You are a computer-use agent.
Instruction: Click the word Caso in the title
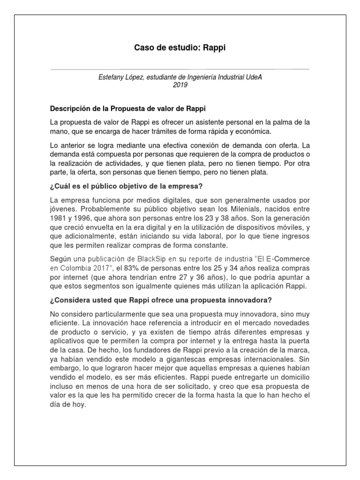143,48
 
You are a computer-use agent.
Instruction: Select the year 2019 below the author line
180,85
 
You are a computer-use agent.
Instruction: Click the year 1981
59,218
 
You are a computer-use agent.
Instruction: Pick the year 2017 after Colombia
99,268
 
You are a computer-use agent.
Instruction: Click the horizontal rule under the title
180,69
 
